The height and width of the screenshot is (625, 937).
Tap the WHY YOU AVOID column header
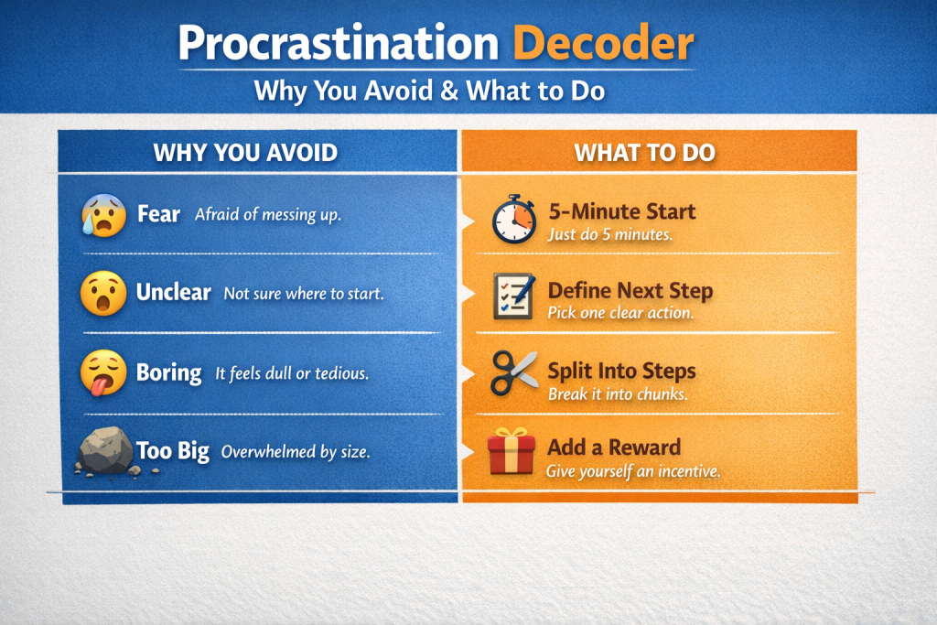(x=245, y=151)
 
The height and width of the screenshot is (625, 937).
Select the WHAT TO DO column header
(x=644, y=151)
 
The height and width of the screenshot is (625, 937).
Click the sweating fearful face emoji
(x=104, y=215)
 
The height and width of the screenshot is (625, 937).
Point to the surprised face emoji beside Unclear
(x=103, y=294)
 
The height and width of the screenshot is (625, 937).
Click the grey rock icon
(x=105, y=451)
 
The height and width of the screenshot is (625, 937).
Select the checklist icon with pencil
(x=513, y=296)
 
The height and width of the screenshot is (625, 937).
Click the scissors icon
(x=513, y=372)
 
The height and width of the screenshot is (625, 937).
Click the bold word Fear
(x=158, y=215)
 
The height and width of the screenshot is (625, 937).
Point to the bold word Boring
(x=168, y=373)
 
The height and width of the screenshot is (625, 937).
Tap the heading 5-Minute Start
(x=621, y=212)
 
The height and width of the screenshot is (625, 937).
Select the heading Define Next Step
(x=630, y=292)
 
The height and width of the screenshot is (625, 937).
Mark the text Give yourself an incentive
(x=633, y=472)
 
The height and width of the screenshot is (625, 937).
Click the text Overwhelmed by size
(x=296, y=452)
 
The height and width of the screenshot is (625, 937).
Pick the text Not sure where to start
(x=305, y=294)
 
